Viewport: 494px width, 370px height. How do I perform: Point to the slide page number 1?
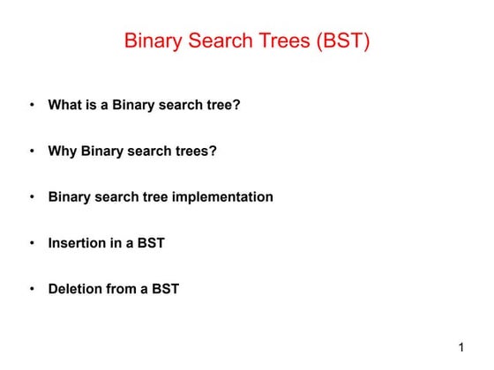(460, 347)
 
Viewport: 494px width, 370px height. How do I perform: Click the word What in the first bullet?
(64, 105)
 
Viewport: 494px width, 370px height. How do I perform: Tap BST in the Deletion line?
(164, 288)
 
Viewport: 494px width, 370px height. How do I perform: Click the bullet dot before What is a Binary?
(32, 105)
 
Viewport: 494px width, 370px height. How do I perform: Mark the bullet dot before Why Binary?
(32, 151)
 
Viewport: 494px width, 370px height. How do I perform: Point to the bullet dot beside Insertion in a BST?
(32, 242)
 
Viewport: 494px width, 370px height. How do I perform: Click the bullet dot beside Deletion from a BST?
(32, 288)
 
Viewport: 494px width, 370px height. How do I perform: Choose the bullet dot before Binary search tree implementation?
(32, 196)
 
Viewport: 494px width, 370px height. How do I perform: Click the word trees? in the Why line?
(196, 151)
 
